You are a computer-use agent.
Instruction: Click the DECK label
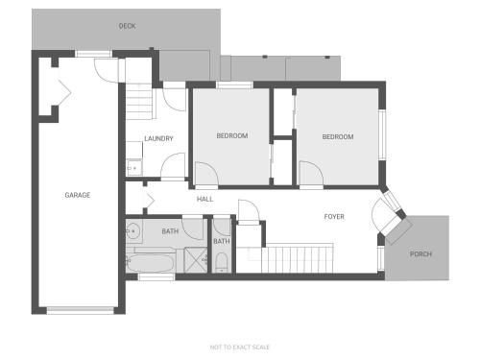pyautogui.click(x=127, y=26)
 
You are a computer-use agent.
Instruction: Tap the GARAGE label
pyautogui.click(x=78, y=195)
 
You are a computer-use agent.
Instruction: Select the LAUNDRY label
pyautogui.click(x=158, y=138)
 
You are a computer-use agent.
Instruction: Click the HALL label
pyautogui.click(x=204, y=199)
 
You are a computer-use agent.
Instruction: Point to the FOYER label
pyautogui.click(x=334, y=217)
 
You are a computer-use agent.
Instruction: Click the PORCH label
pyautogui.click(x=420, y=254)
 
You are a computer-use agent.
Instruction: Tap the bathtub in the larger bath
pyautogui.click(x=150, y=263)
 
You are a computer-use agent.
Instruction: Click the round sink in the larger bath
pyautogui.click(x=132, y=230)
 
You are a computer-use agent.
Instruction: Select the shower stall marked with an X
pyautogui.click(x=196, y=260)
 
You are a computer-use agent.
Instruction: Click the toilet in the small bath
pyautogui.click(x=222, y=262)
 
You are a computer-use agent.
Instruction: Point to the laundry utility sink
pyautogui.click(x=134, y=167)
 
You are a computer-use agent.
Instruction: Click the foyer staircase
pyautogui.click(x=298, y=258)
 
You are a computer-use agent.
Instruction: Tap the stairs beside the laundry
pyautogui.click(x=139, y=102)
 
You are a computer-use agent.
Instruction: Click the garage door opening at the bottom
pyautogui.click(x=81, y=310)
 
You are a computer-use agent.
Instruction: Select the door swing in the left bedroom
pyautogui.click(x=206, y=174)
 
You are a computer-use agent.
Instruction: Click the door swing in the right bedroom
pyautogui.click(x=311, y=173)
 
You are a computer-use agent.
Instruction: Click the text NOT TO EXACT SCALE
pyautogui.click(x=240, y=347)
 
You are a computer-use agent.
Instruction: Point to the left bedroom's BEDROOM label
pyautogui.click(x=232, y=135)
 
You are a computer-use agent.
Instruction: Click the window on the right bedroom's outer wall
pyautogui.click(x=382, y=134)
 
